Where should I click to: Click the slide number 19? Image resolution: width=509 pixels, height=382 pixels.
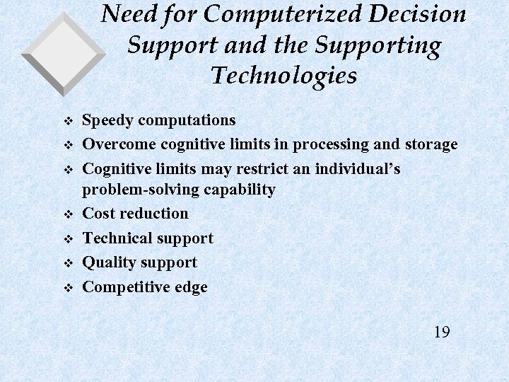click(x=442, y=332)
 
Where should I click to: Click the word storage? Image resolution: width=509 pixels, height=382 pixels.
click(x=431, y=144)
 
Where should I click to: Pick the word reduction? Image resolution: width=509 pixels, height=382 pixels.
click(x=156, y=213)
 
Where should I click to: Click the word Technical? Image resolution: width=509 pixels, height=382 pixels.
click(x=117, y=238)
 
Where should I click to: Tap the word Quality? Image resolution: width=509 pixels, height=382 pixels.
click(x=110, y=262)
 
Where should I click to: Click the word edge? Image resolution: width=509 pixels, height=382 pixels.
click(x=189, y=287)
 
